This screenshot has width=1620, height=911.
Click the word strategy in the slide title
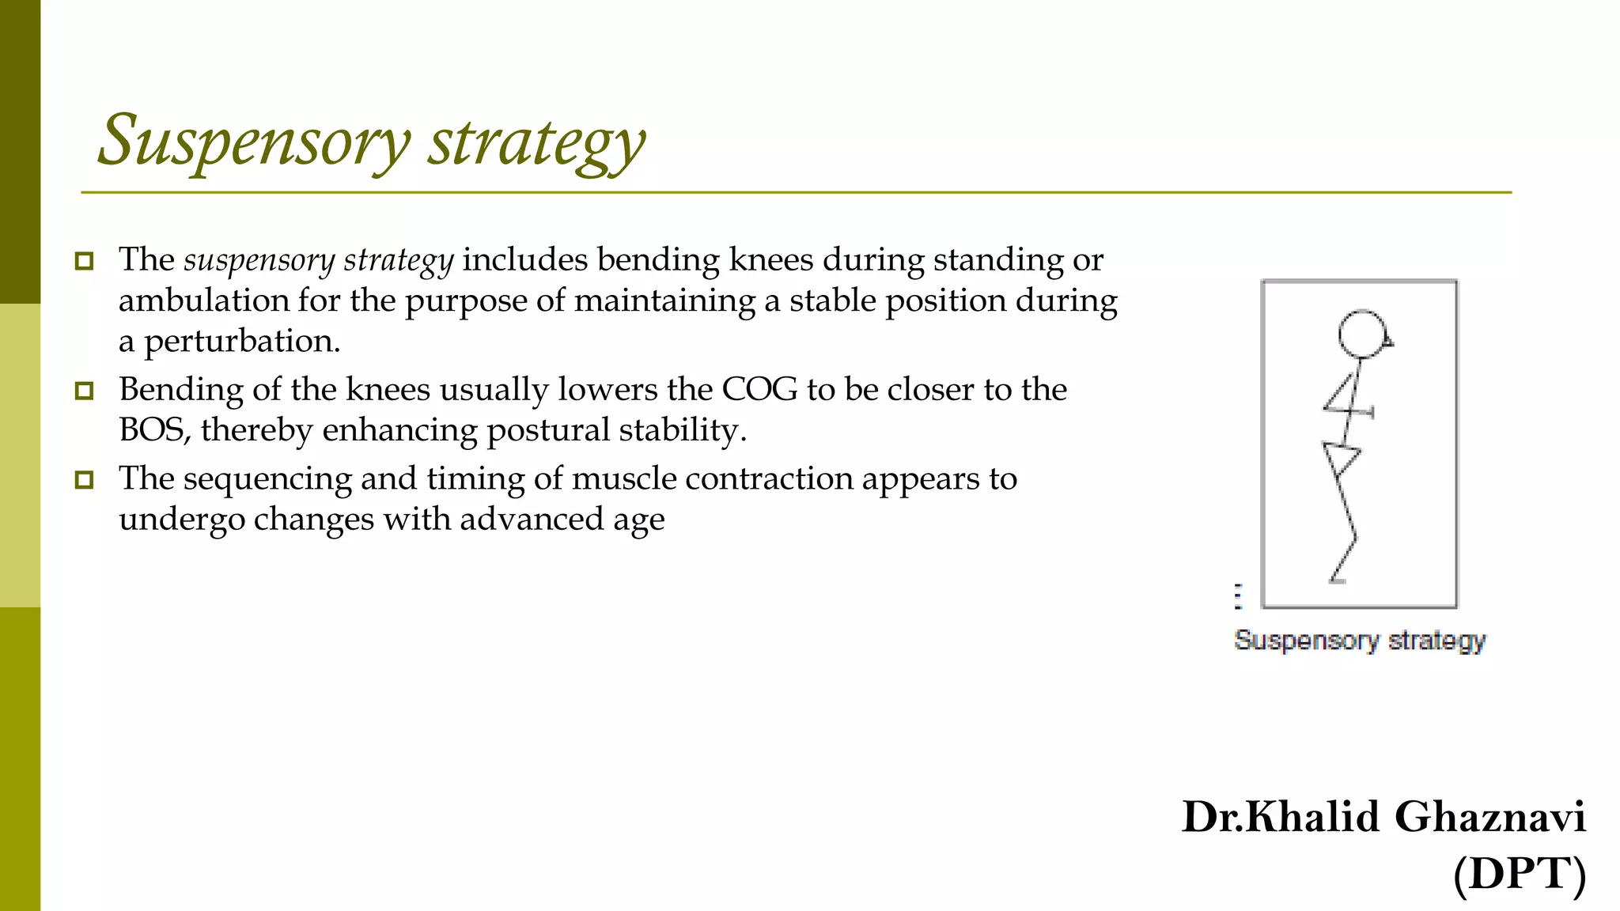tap(536, 142)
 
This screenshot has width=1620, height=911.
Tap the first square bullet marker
tap(84, 261)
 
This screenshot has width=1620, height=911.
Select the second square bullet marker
tap(84, 391)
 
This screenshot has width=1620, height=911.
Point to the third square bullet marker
tap(84, 480)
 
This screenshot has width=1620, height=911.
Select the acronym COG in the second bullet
tap(759, 390)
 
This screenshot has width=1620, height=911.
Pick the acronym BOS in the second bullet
tap(152, 431)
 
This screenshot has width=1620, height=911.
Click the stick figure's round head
tap(1362, 335)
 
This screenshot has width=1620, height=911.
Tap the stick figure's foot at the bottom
tap(1337, 580)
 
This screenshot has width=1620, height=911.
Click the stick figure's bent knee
tap(1355, 539)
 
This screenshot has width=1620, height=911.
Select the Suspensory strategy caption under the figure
tap(1360, 640)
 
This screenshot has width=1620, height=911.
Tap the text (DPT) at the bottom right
tap(1519, 874)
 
